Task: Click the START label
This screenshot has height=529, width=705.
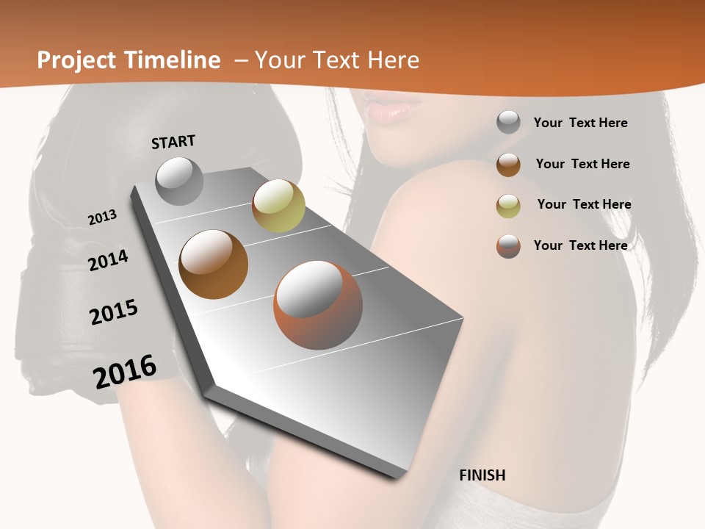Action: [x=173, y=142]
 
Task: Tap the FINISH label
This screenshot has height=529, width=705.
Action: [x=482, y=475]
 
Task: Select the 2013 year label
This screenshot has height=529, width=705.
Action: [x=103, y=217]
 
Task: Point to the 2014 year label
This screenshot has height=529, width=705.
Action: [x=109, y=260]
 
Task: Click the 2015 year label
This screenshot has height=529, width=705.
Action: [x=114, y=312]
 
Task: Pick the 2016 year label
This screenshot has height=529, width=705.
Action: [x=125, y=371]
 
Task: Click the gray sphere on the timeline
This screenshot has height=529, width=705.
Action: [x=179, y=181]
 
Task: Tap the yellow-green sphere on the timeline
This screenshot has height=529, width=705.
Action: [x=278, y=206]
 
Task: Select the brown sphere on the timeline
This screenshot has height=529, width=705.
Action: [x=213, y=264]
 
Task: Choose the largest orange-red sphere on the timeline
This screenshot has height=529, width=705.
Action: [x=318, y=306]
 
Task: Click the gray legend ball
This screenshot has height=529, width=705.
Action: [x=508, y=122]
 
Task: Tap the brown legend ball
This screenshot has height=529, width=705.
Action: [x=508, y=165]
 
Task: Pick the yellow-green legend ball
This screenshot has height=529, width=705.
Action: [x=508, y=206]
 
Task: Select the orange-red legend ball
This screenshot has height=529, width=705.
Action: [x=508, y=246]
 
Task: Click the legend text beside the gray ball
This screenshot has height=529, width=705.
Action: [x=580, y=123]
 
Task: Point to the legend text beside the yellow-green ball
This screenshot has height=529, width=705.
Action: [x=584, y=204]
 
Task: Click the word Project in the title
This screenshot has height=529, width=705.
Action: [x=76, y=60]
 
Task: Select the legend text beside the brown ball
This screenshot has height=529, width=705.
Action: [x=582, y=164]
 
